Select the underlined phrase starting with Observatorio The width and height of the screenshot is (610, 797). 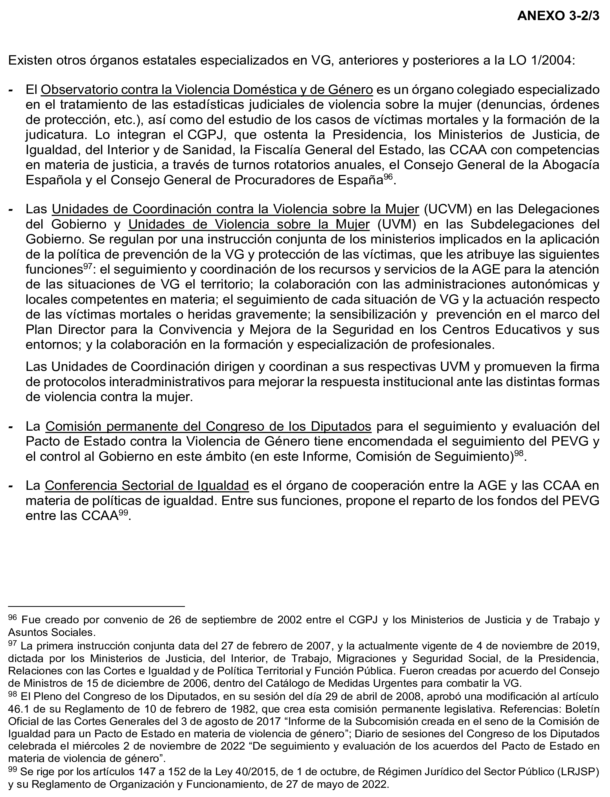coord(207,90)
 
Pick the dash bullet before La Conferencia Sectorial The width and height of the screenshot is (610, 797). coord(11,486)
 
